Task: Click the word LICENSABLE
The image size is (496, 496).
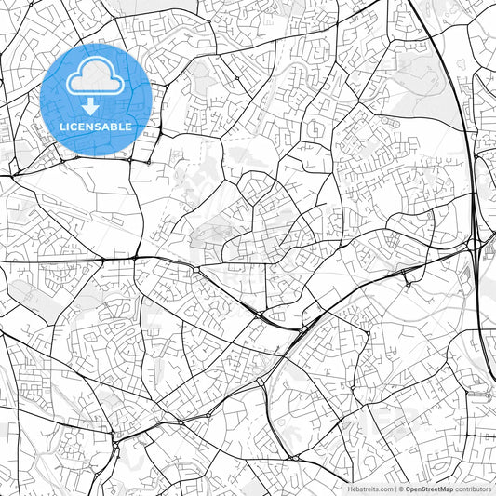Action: click(x=96, y=127)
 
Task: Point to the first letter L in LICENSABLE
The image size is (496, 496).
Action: click(x=60, y=127)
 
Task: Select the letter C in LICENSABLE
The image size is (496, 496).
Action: click(x=74, y=127)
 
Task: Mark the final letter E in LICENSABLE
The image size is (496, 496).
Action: click(x=131, y=127)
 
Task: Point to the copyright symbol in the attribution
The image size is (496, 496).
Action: click(x=402, y=489)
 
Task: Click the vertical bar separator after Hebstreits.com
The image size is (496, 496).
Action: click(x=396, y=489)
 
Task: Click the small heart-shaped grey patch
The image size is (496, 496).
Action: click(x=461, y=63)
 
